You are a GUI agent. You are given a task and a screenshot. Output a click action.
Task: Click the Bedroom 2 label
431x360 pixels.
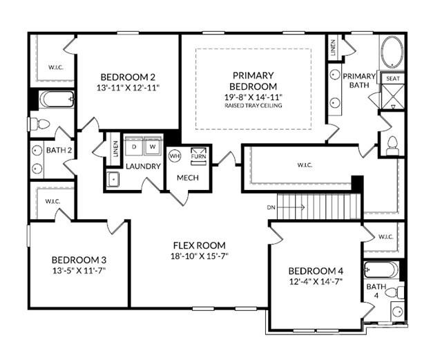click(128, 77)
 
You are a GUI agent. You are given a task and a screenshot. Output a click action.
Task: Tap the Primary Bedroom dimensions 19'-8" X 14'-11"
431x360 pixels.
click(253, 97)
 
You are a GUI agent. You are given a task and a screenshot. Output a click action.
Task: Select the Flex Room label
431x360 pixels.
click(199, 245)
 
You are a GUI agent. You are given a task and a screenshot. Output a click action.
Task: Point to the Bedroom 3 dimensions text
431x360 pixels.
click(79, 270)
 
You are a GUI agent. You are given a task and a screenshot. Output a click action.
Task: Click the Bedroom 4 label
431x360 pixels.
click(314, 270)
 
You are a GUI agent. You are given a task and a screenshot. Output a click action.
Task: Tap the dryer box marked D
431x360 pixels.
click(135, 147)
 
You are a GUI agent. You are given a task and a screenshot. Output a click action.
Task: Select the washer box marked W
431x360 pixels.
click(152, 147)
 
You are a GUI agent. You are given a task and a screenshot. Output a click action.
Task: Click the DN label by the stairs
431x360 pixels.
click(271, 207)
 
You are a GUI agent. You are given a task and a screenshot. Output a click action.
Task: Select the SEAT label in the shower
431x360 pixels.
click(392, 79)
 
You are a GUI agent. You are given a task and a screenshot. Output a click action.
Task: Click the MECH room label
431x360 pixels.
click(188, 177)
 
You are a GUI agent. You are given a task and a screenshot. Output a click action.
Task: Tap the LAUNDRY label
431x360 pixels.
click(143, 167)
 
